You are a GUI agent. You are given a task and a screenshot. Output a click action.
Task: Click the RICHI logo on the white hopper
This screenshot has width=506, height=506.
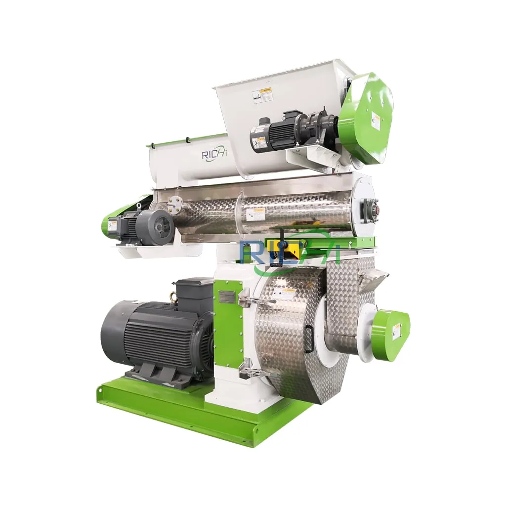tap(214, 154)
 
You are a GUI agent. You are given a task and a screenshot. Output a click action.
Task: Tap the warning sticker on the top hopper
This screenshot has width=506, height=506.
tap(262, 95)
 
